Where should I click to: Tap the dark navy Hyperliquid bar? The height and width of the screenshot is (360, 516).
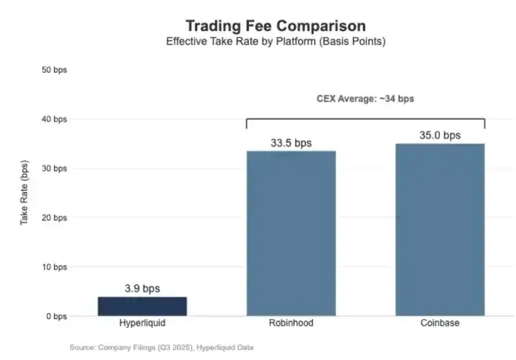(142, 306)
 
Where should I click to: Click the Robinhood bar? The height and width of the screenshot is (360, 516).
(291, 232)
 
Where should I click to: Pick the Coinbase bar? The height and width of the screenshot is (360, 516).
(440, 229)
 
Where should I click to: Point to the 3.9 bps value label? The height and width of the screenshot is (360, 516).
(142, 289)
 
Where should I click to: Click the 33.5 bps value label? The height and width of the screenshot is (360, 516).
(291, 143)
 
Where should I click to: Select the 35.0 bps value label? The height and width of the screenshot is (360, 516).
(440, 136)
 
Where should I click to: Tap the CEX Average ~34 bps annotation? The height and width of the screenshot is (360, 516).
(365, 99)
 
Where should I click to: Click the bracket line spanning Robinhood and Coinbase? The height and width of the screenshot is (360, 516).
(365, 118)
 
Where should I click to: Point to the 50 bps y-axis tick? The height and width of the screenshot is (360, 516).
(54, 70)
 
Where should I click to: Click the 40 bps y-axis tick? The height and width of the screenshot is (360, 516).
(54, 119)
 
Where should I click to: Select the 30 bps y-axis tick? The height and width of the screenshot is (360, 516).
(54, 169)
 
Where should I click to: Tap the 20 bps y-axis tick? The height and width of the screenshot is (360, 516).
(54, 218)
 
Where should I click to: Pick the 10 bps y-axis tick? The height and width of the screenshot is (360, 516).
(54, 267)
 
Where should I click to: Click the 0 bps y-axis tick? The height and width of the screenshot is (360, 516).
(56, 316)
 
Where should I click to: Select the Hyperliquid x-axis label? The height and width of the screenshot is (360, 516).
(142, 324)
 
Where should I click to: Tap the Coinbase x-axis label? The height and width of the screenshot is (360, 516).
(440, 324)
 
